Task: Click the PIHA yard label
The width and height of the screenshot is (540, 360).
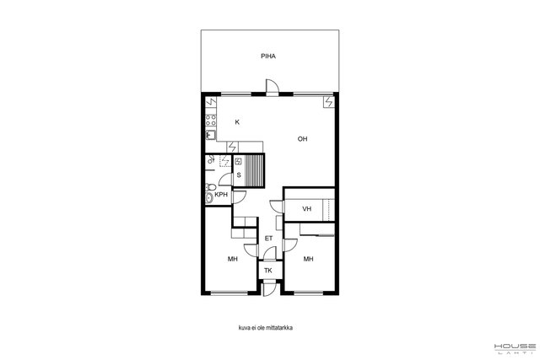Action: tap(268, 56)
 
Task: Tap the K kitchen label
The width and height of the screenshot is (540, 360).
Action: tap(237, 122)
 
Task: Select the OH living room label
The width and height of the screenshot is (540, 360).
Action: tap(302, 139)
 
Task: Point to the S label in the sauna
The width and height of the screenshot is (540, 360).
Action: tap(239, 175)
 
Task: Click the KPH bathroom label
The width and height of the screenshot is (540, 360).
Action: tap(221, 195)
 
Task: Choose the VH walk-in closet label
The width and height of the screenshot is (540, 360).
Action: tap(306, 208)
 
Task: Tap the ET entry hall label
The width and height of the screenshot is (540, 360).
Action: tap(268, 238)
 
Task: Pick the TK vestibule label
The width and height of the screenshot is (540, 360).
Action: tap(268, 271)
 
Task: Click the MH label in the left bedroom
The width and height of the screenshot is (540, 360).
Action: tap(233, 259)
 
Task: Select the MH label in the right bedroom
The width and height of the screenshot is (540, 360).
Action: tap(308, 259)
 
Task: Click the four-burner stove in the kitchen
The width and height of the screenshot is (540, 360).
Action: tap(211, 120)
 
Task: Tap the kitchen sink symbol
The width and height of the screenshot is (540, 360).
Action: tap(210, 135)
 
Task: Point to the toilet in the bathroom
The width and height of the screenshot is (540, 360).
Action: tap(210, 187)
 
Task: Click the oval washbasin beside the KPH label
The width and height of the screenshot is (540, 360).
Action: tap(209, 198)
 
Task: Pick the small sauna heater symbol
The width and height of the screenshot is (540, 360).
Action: tap(238, 161)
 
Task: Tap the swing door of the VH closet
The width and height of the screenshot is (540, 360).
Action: tap(277, 206)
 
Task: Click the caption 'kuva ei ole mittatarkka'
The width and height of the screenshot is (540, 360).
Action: tap(266, 328)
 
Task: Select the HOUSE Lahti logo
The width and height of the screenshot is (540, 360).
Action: tap(516, 348)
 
